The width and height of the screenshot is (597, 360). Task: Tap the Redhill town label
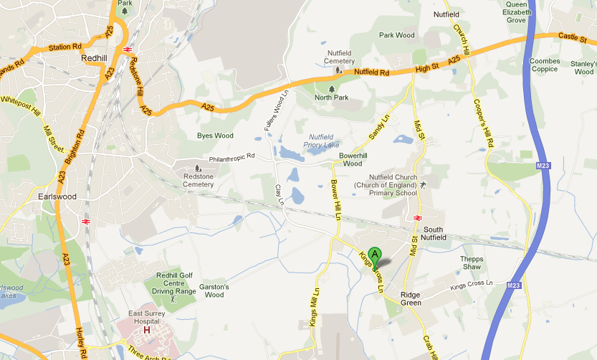[x=95, y=58]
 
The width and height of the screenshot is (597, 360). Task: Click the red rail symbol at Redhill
[x=127, y=49]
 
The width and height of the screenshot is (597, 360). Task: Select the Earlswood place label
[x=57, y=196]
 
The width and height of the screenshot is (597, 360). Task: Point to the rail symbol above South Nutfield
[x=417, y=218]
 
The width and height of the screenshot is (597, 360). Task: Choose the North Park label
[x=331, y=97]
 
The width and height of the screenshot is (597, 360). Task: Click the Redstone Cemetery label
[x=199, y=180]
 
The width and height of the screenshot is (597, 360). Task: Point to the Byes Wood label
[x=215, y=135]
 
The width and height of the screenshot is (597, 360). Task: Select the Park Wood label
[x=396, y=35]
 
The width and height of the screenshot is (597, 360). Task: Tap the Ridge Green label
[x=411, y=299]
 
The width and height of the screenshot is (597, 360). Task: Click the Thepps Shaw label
[x=472, y=262]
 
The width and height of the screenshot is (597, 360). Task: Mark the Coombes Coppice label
[x=545, y=65]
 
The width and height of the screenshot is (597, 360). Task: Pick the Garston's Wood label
[x=214, y=290]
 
